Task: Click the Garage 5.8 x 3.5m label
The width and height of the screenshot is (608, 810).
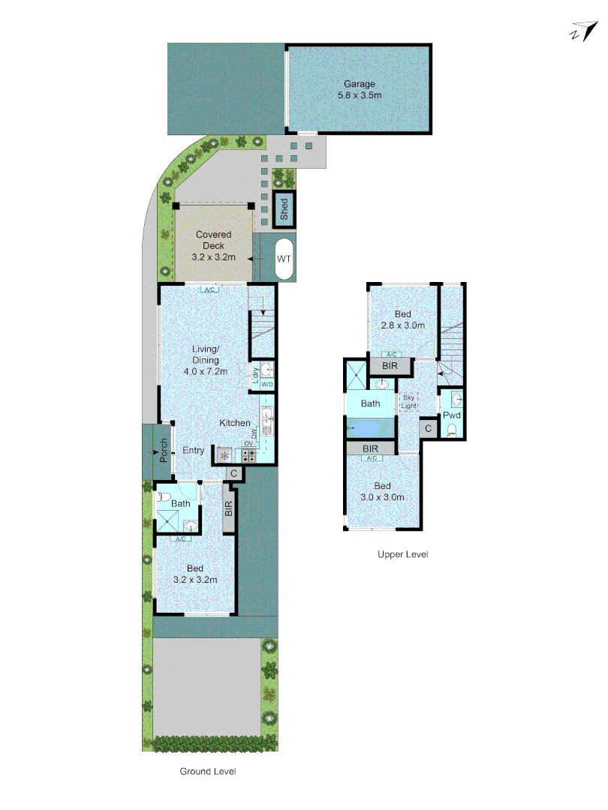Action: [x=359, y=90]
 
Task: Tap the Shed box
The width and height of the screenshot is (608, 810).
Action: [x=284, y=210]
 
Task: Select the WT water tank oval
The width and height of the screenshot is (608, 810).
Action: [x=284, y=259]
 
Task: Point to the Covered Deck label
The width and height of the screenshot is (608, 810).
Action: [x=214, y=245]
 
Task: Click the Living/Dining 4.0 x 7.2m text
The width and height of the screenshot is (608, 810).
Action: [x=205, y=360]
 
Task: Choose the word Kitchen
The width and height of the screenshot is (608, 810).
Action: [x=235, y=423]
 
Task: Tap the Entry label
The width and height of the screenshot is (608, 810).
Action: [x=194, y=450]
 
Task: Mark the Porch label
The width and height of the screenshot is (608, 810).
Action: [x=163, y=451]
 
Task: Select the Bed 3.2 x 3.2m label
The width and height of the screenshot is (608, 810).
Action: [x=195, y=574]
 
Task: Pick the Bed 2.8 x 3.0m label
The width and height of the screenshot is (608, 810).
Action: [x=403, y=319]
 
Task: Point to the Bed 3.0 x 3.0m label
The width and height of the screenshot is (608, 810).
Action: [x=382, y=491]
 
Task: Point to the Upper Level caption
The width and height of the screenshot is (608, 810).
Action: [x=403, y=554]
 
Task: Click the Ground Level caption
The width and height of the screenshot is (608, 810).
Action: [x=208, y=771]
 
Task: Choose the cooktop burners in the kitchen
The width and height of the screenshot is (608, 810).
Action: [x=248, y=454]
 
